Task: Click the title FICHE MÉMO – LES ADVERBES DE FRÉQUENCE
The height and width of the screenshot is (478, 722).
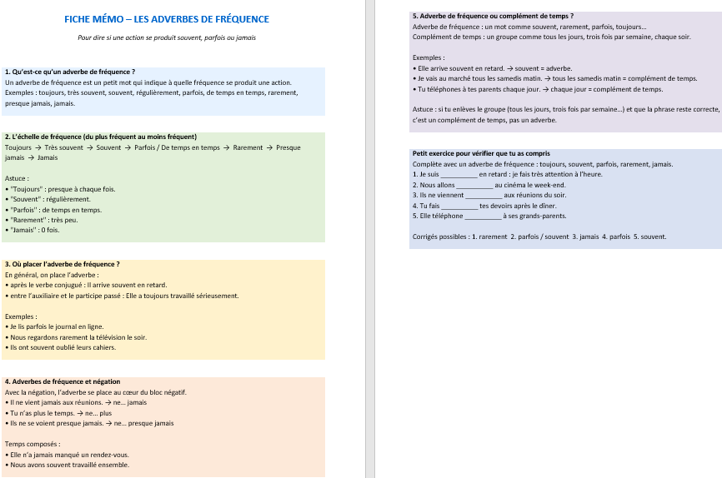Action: coord(167,19)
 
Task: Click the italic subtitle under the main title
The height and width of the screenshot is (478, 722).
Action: coord(167,37)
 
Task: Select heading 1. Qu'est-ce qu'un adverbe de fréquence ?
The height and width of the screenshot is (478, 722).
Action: coord(70,72)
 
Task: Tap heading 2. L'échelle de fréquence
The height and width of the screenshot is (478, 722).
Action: coord(100,137)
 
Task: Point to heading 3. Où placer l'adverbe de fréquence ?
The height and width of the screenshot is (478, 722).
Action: coord(62,264)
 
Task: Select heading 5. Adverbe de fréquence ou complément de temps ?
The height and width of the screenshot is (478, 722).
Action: coord(493,16)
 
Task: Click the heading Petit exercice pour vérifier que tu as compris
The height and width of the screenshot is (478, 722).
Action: coord(481,153)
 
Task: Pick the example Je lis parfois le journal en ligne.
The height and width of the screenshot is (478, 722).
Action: coord(57,327)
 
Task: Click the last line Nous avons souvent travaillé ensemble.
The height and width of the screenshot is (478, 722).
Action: coord(69,465)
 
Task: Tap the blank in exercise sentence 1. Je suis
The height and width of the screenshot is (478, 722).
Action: coord(458,175)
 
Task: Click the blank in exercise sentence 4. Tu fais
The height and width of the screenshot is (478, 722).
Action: coord(459,206)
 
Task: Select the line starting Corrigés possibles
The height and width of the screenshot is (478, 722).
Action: coord(539,237)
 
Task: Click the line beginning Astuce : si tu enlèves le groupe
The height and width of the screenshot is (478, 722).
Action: coord(566,109)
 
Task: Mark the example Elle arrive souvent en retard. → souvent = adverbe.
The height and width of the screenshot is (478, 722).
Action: coord(493,67)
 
